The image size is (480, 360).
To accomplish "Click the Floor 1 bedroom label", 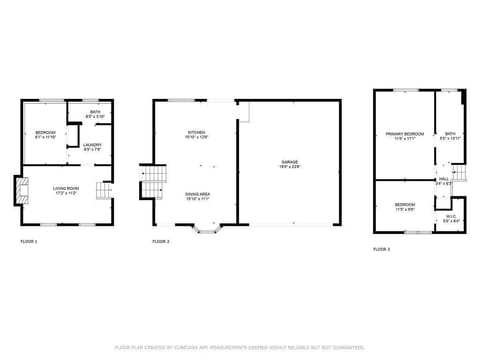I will click(46, 135).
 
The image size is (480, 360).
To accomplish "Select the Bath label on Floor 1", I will click(94, 114).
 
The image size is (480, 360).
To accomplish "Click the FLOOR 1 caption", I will click(29, 242).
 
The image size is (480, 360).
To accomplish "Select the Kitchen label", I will click(196, 135).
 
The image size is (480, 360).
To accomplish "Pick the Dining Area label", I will click(196, 197).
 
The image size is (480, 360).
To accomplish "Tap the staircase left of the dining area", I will click(151, 183).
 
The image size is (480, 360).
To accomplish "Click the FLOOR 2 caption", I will click(161, 242).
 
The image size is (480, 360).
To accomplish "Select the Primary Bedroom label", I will click(404, 135).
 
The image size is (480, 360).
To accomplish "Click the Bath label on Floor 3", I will click(450, 135).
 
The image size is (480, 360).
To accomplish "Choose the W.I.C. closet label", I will click(450, 218).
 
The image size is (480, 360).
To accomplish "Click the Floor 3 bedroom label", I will click(404, 207).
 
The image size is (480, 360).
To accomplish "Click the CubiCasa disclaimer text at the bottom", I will click(239, 347).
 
